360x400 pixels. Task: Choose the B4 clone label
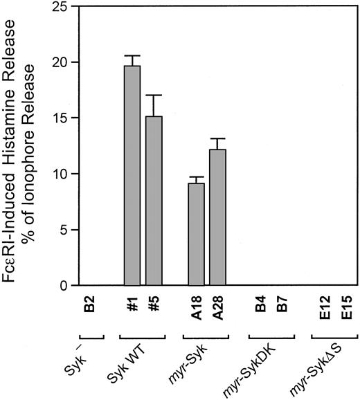tap(260, 305)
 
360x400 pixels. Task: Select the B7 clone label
tap(281, 305)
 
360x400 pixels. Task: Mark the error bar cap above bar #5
tap(154, 96)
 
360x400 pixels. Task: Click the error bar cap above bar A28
tap(217, 139)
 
